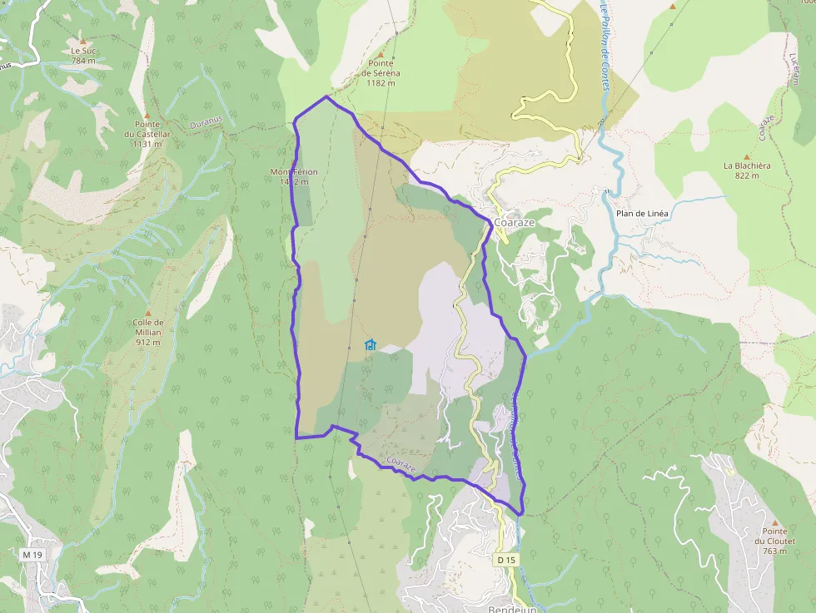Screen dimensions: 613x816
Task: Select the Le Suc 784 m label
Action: point(83,55)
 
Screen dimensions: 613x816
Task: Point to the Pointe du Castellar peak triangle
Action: point(147,115)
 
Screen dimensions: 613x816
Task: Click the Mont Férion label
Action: point(294,172)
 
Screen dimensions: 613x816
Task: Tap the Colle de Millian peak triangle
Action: point(148,313)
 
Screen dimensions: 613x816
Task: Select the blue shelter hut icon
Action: point(371,344)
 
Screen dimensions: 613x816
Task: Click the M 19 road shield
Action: point(32,555)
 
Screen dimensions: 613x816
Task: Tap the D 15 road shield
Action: point(506,561)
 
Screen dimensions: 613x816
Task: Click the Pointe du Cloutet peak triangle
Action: point(774,522)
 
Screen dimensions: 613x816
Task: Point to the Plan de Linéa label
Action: point(642,214)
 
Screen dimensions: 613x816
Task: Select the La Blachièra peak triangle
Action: point(747,156)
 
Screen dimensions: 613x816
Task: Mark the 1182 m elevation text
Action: point(382,83)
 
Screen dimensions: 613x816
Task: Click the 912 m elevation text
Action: point(147,342)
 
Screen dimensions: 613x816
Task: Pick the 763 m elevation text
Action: point(774,551)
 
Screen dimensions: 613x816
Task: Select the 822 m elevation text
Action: point(747,175)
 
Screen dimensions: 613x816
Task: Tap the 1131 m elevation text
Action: point(147,144)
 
